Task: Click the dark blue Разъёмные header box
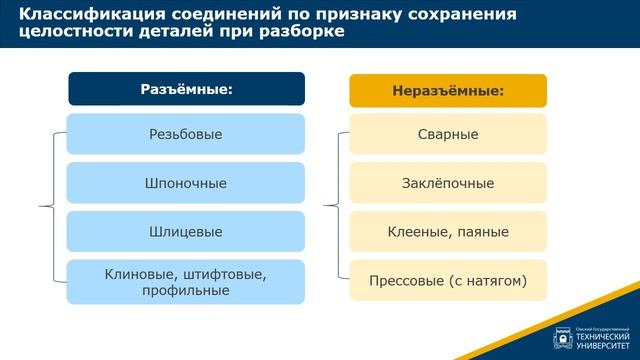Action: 186,89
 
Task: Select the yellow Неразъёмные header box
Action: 448,90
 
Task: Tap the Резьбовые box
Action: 186,134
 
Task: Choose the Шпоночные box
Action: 186,183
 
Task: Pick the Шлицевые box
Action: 186,232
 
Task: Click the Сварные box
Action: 448,134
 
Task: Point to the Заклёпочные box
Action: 448,183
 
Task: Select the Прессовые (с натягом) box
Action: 448,281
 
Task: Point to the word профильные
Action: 186,290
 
